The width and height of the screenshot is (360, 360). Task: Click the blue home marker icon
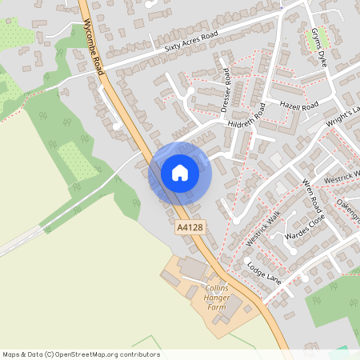pos(180,172)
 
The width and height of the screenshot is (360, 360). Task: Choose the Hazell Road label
pos(299,106)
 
